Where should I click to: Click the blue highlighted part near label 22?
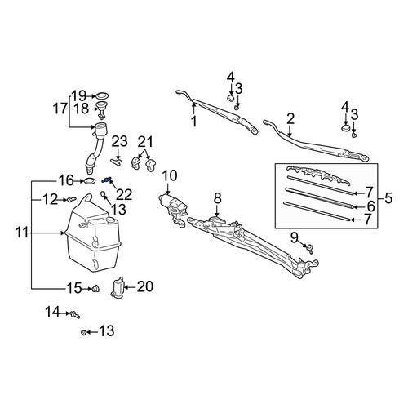tap(106, 180)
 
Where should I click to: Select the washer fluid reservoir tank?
tap(92, 234)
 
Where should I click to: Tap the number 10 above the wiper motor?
tap(170, 176)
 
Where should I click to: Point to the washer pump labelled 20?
tap(118, 288)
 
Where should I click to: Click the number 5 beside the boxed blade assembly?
tap(388, 198)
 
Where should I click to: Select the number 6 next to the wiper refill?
tap(371, 206)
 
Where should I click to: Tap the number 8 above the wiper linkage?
tap(218, 198)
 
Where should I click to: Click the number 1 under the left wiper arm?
tap(194, 121)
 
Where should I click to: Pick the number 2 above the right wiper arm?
tap(290, 118)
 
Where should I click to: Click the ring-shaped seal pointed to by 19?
tap(102, 95)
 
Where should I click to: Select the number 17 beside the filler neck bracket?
tap(60, 109)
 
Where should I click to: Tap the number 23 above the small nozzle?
tap(119, 141)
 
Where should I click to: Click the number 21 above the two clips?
tap(145, 142)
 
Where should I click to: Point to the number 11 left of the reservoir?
tap(22, 233)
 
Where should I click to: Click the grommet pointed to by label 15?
tap(95, 289)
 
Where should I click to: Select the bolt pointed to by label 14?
tap(75, 315)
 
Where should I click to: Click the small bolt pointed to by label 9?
tap(310, 249)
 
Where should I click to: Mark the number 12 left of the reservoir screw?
tap(51, 200)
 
